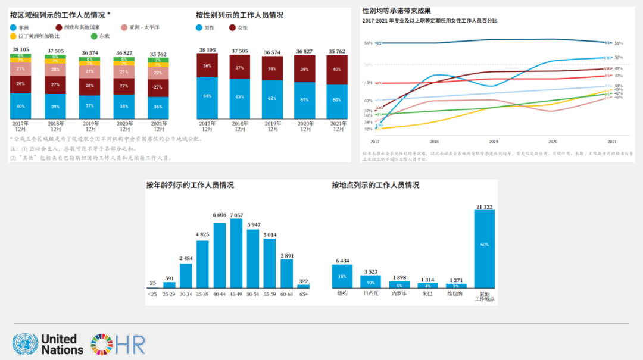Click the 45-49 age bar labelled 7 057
(x=236, y=253)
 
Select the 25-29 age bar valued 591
(x=170, y=285)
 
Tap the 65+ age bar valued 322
(x=304, y=286)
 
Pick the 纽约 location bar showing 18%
(x=342, y=277)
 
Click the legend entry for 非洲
(x=20, y=27)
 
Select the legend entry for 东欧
(x=99, y=36)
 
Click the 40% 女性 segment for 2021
(x=338, y=70)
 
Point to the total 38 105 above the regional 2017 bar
(x=20, y=49)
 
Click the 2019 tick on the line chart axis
(x=494, y=142)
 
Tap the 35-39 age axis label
(x=203, y=294)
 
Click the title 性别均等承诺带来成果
(x=397, y=11)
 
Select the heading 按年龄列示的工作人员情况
(x=190, y=185)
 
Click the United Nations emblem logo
(x=25, y=345)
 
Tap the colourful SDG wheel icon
(x=102, y=345)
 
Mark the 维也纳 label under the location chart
(x=455, y=294)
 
